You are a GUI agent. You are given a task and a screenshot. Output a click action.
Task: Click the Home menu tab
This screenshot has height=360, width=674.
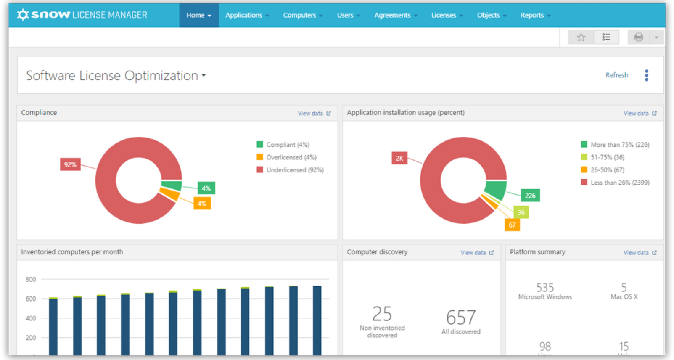198,15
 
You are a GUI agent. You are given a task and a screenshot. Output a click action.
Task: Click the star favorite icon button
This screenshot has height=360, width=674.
581,37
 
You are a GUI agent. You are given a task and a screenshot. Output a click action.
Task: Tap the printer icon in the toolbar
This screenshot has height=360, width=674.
639,37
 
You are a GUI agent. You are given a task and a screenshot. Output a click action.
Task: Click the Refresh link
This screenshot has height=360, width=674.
616,75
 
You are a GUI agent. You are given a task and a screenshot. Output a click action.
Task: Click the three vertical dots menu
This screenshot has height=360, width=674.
647,75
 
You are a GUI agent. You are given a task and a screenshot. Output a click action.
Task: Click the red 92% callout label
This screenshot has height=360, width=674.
70,164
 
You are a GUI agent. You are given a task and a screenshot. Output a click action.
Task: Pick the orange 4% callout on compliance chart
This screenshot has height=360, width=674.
202,204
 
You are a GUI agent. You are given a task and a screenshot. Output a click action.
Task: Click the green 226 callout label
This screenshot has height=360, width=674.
530,196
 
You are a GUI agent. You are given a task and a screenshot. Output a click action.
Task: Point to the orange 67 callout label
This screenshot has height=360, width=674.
512,225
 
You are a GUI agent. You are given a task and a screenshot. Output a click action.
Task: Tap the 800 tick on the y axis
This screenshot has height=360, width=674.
31,279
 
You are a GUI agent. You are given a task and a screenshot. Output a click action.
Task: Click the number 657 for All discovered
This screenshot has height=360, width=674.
461,318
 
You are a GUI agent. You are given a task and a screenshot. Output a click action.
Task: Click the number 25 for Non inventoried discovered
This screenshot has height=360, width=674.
382,314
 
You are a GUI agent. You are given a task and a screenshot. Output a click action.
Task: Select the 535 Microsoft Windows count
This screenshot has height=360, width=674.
545,288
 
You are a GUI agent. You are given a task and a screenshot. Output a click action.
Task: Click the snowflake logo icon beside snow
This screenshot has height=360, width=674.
23,15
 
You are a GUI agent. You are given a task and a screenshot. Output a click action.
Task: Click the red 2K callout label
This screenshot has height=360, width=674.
399,158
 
